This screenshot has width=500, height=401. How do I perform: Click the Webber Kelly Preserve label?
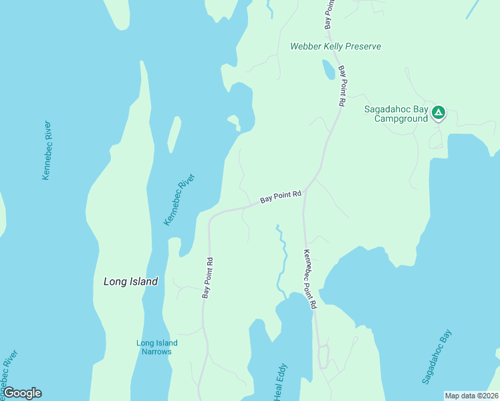tap(335, 46)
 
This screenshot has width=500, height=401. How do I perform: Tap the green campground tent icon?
tap(438, 112)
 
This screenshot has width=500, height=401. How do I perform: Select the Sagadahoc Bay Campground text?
tap(396, 114)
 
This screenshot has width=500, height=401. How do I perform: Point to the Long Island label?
tap(130, 281)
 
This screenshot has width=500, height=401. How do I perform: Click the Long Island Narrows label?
tap(157, 348)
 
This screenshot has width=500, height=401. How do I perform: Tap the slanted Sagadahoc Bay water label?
tap(437, 357)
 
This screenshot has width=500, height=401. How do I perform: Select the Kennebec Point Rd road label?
tap(308, 279)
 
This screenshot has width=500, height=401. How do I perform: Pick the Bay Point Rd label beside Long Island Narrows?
tap(208, 278)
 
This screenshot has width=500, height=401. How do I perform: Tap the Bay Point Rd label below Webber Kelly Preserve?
tap(342, 86)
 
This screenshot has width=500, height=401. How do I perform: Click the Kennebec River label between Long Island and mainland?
tap(180, 199)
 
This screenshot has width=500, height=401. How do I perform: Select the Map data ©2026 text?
tap(471, 395)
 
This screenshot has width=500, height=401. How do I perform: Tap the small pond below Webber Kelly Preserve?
tap(328, 70)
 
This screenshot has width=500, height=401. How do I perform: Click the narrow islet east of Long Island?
tap(173, 134)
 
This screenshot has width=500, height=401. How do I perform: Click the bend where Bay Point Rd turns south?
tap(212, 217)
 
